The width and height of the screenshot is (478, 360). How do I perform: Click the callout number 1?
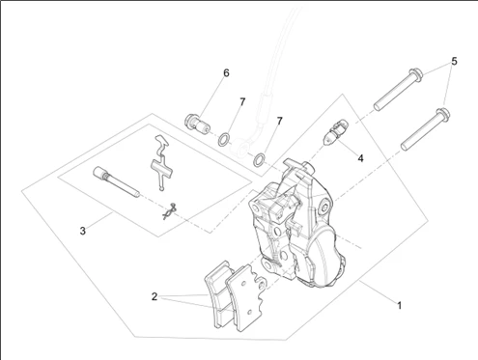399,305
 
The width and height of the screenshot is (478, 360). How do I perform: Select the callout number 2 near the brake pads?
155,296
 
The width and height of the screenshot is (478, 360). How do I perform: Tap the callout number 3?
83,231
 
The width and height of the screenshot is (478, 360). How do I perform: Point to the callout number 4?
360,158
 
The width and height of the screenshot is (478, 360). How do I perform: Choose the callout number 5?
454,61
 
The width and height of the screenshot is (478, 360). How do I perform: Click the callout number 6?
226,73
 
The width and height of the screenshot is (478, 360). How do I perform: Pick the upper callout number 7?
242,102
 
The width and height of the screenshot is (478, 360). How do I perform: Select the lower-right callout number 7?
279,121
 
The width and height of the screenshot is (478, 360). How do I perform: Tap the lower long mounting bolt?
425,129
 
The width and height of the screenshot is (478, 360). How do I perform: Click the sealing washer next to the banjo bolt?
224,139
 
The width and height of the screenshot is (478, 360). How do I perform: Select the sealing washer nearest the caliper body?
260,160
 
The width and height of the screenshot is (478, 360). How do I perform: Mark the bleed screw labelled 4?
335,131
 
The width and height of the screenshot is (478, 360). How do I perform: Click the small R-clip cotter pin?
170,211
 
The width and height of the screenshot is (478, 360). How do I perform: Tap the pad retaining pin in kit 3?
116,181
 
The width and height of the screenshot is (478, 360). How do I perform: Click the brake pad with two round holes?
246,297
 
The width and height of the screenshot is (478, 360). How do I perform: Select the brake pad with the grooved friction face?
219,294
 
